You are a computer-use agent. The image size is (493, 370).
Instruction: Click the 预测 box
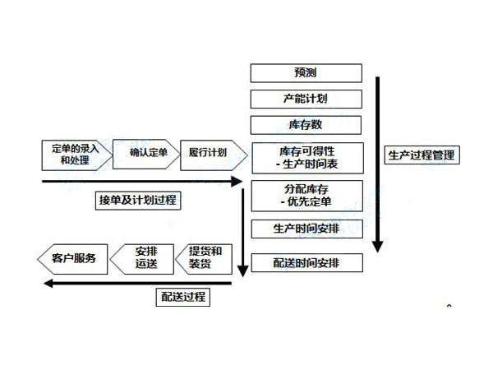pyautogui.click(x=306, y=73)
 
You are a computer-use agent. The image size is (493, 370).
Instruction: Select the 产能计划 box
pyautogui.click(x=306, y=99)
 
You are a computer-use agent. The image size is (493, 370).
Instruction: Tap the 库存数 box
pyautogui.click(x=306, y=126)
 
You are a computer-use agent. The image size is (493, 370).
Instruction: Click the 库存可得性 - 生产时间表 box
pyautogui.click(x=306, y=157)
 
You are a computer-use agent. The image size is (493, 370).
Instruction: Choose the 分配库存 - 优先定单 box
pyautogui.click(x=306, y=195)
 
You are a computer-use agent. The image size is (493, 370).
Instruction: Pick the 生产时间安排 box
pyautogui.click(x=306, y=227)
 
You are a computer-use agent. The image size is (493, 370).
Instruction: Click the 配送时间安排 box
pyautogui.click(x=306, y=262)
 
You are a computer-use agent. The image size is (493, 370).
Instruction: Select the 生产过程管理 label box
pyautogui.click(x=422, y=155)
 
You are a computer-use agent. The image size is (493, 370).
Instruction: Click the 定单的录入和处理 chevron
pyautogui.click(x=73, y=155)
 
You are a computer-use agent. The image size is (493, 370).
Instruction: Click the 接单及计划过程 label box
pyautogui.click(x=139, y=200)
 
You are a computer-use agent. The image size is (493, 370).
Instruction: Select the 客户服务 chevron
pyautogui.click(x=69, y=258)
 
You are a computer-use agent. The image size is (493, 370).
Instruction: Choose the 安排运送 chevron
pyautogui.click(x=143, y=258)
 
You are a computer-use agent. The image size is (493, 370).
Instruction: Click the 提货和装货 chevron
pyautogui.click(x=206, y=258)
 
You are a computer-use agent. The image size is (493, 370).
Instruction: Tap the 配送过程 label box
pyautogui.click(x=182, y=297)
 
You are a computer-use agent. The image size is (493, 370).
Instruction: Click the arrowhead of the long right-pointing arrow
pyautogui.click(x=237, y=182)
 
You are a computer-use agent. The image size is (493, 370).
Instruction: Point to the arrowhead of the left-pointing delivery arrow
pyautogui.click(x=48, y=283)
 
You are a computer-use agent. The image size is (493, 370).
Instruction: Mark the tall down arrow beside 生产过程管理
pyautogui.click(x=378, y=164)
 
